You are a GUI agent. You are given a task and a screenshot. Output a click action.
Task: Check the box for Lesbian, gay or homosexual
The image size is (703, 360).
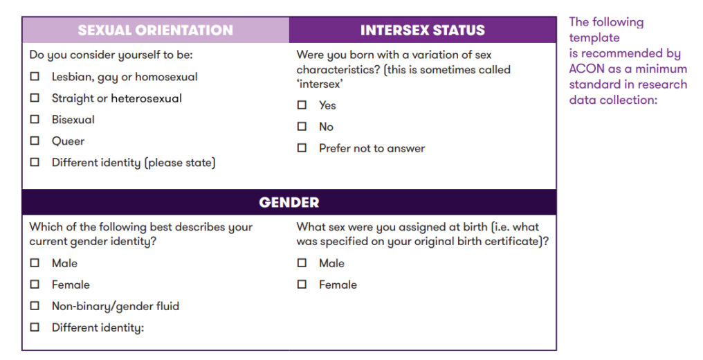(x=35, y=76)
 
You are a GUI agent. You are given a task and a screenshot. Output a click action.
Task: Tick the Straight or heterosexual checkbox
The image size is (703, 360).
(x=35, y=98)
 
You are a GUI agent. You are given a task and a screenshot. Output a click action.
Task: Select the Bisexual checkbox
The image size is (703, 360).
(x=35, y=119)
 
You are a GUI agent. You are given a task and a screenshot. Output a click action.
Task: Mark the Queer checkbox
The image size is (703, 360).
(x=35, y=141)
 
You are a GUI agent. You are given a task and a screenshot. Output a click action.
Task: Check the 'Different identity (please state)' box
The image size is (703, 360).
(x=35, y=162)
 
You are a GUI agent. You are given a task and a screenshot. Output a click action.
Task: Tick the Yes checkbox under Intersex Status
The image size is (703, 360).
(x=302, y=105)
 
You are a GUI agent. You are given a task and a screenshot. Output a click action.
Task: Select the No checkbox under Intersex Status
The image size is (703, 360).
(x=302, y=127)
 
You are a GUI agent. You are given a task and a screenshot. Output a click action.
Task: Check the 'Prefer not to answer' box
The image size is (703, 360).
(x=302, y=148)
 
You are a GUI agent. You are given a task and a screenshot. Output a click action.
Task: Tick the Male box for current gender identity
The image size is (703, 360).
(x=35, y=262)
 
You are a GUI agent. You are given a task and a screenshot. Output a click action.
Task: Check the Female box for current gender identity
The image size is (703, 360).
(x=35, y=285)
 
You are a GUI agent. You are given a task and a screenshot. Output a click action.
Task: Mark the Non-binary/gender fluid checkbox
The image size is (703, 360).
(x=35, y=306)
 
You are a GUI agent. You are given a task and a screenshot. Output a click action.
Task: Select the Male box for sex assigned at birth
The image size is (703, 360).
(x=302, y=262)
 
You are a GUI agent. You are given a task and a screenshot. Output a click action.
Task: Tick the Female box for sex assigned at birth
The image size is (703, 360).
(x=302, y=285)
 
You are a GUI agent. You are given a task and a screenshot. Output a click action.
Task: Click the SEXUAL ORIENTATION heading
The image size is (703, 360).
(x=155, y=30)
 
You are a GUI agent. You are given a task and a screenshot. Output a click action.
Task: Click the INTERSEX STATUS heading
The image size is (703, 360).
(x=422, y=30)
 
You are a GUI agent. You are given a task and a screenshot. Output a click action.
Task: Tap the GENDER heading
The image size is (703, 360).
(x=289, y=202)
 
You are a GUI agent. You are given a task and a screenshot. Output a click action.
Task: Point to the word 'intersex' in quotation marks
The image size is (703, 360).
(x=319, y=84)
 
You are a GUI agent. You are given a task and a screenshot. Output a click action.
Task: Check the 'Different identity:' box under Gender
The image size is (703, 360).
(x=35, y=327)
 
